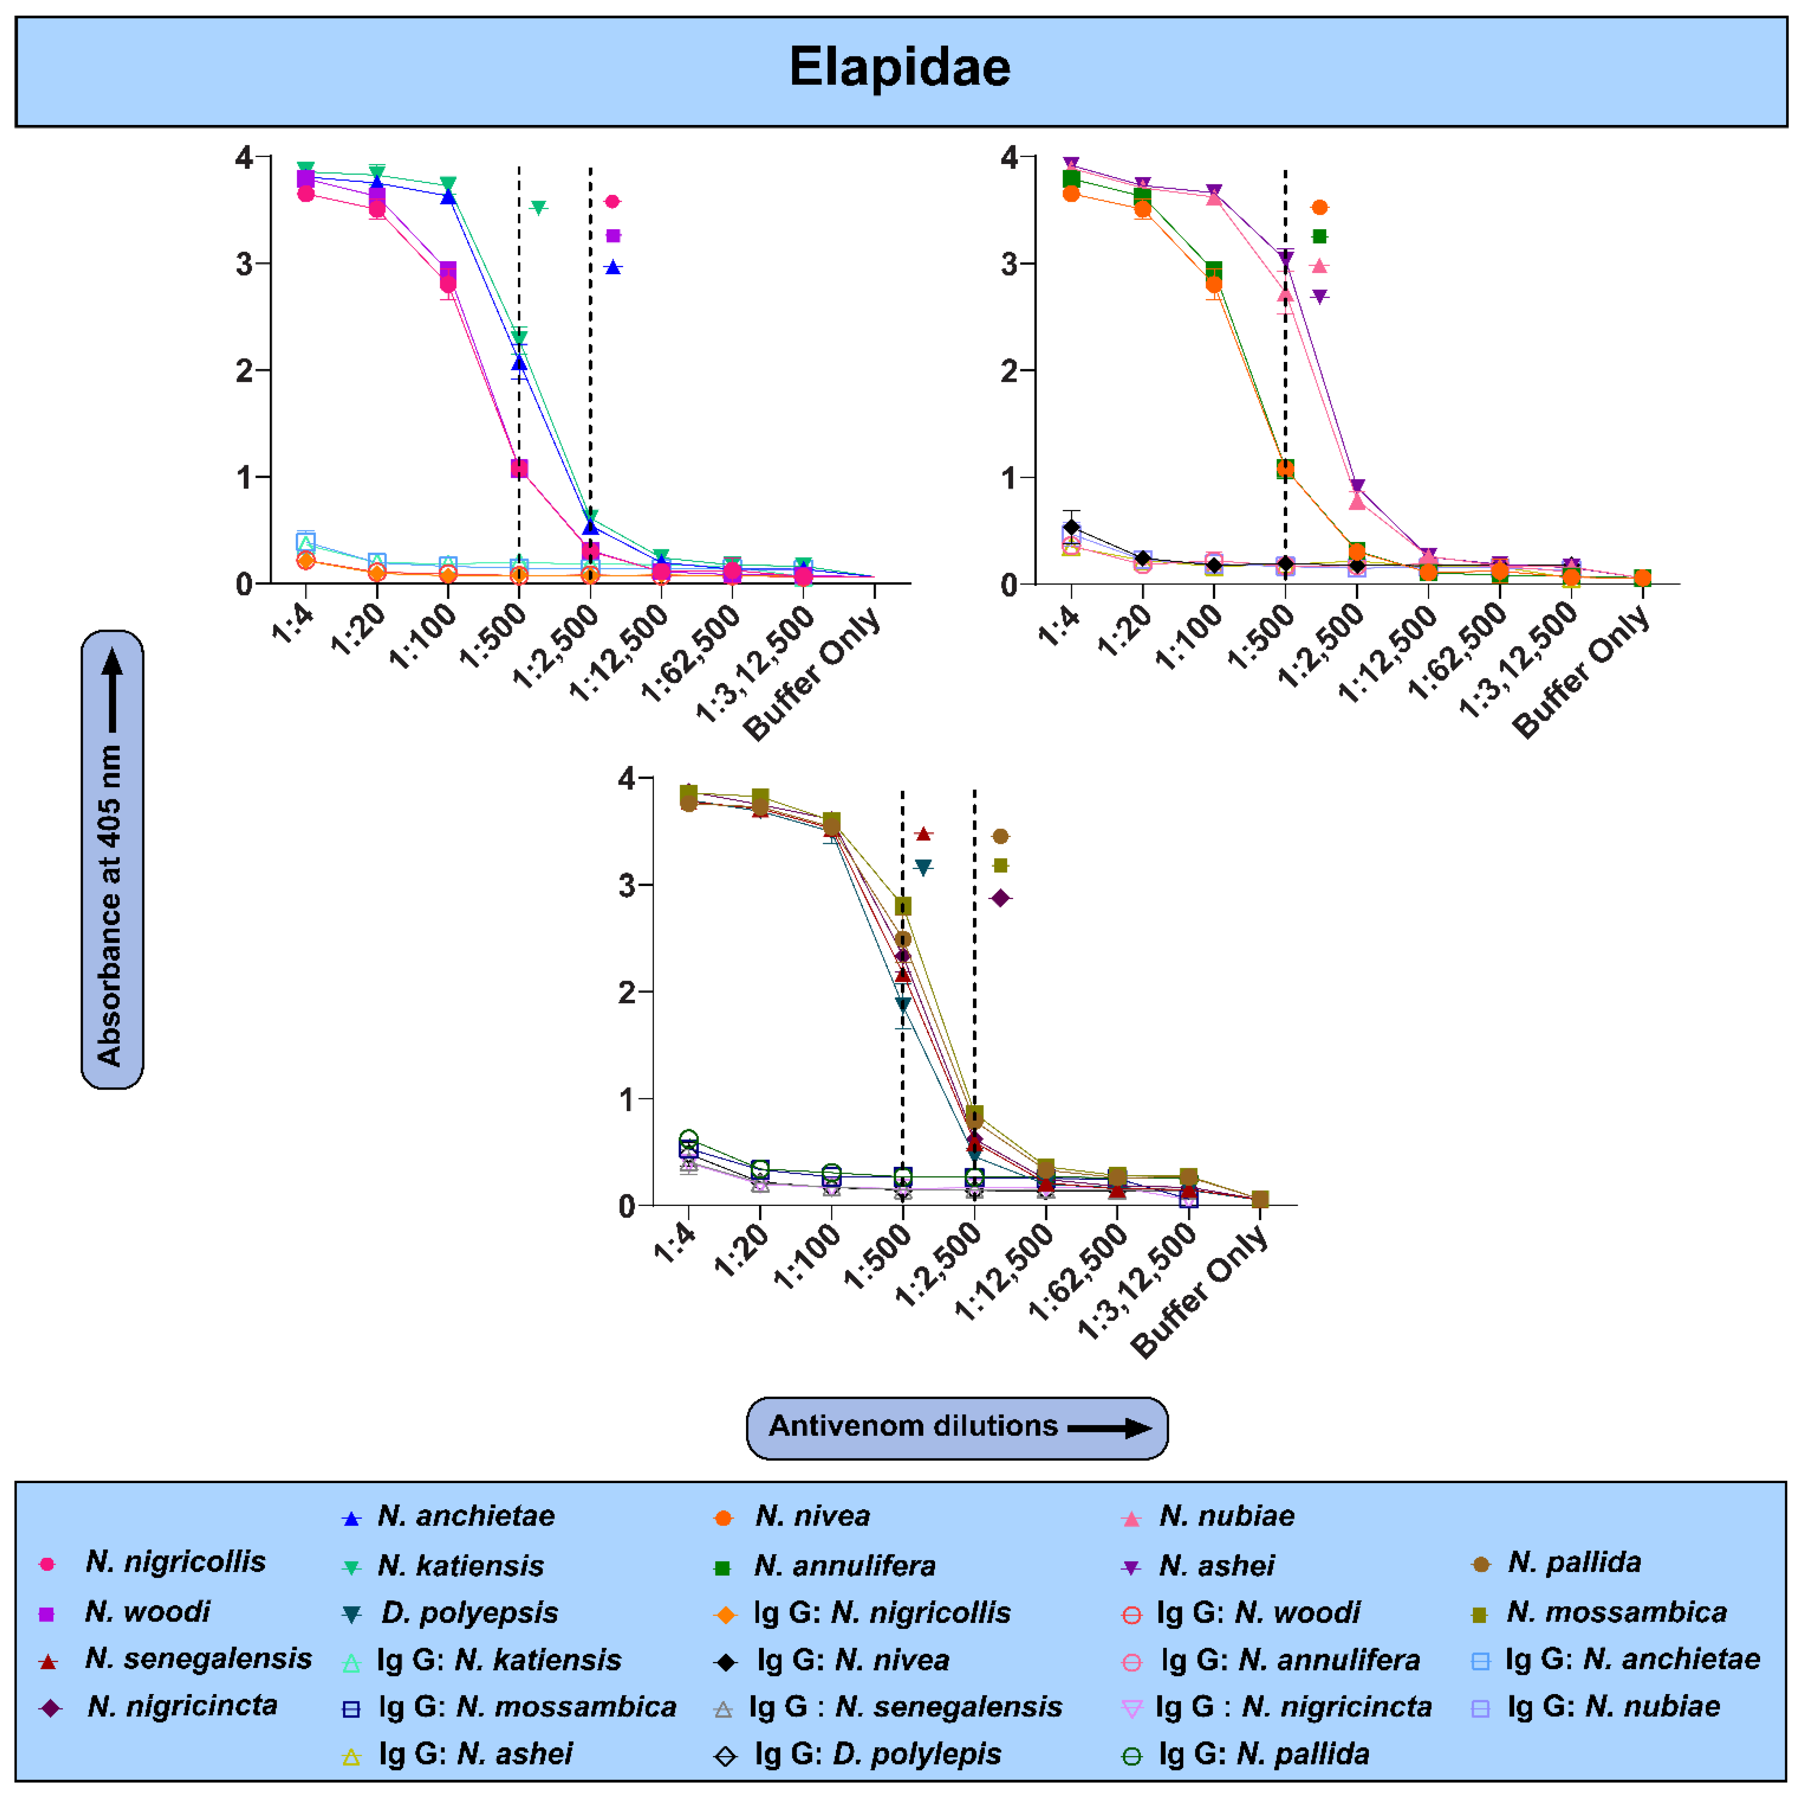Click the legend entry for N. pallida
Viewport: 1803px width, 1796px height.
[x=1574, y=1562]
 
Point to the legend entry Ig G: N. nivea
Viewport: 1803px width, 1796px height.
[x=852, y=1660]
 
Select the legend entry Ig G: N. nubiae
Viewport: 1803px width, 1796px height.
[x=1613, y=1706]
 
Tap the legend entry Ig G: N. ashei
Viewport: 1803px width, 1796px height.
[x=475, y=1754]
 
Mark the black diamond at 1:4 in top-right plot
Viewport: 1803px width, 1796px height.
[x=1071, y=527]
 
